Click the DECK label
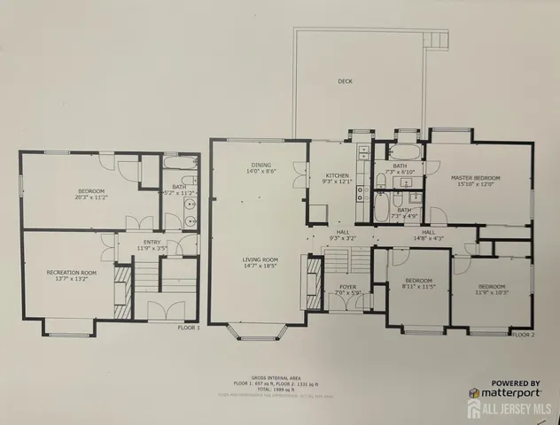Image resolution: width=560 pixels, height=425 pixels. coord(345,81)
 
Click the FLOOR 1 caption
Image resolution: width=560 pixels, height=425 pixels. coord(189,328)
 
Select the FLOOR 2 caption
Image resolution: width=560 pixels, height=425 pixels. coord(523,335)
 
